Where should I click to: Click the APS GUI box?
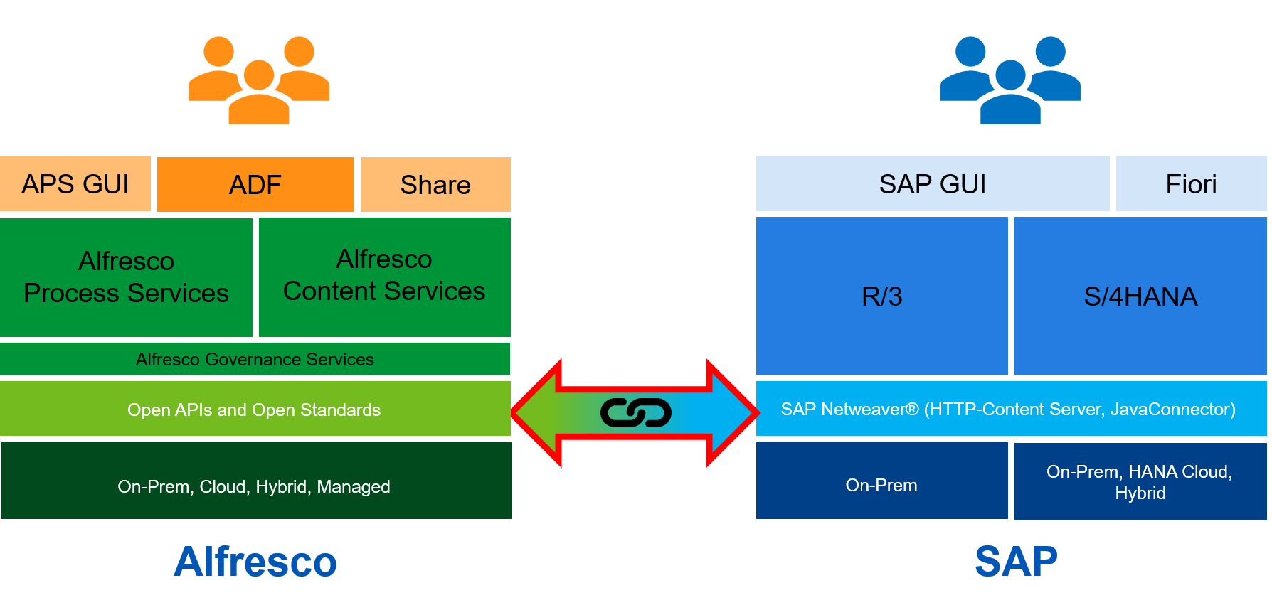(x=75, y=184)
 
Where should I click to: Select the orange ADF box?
(x=255, y=185)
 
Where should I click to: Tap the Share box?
(x=435, y=185)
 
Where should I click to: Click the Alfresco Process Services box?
(x=126, y=277)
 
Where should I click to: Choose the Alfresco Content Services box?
(x=384, y=277)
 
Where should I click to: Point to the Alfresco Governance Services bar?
(x=255, y=359)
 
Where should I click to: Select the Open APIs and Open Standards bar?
(x=255, y=409)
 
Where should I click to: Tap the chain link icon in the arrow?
(x=635, y=412)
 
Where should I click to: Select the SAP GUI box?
(x=932, y=184)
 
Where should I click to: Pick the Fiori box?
(x=1191, y=184)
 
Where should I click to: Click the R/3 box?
(x=881, y=296)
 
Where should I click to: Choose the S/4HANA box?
(x=1140, y=296)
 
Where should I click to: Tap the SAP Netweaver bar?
(x=1010, y=409)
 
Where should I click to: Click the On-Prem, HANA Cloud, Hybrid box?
(x=1140, y=481)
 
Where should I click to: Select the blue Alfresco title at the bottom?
(x=255, y=562)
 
